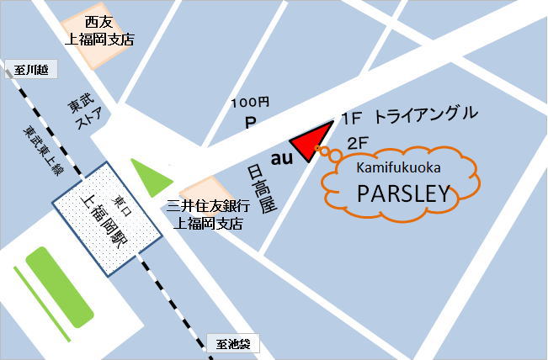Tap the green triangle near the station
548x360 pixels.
148,177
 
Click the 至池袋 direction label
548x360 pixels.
233,343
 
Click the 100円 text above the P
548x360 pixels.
250,103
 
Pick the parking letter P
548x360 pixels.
249,122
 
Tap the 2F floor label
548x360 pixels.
358,143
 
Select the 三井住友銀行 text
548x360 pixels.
207,206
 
